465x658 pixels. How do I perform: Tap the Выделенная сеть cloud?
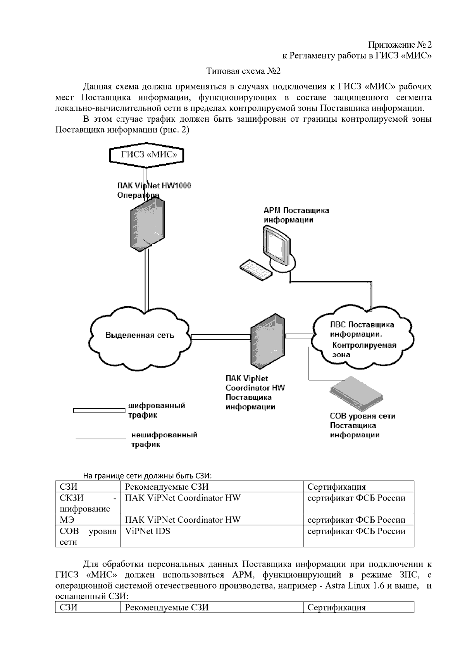pyautogui.click(x=140, y=335)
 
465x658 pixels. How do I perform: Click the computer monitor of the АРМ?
pyautogui.click(x=276, y=245)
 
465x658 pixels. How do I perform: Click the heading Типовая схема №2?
pyautogui.click(x=243, y=71)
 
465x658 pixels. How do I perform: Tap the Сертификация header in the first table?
pyautogui.click(x=336, y=487)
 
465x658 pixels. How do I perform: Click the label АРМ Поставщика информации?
pyautogui.click(x=296, y=215)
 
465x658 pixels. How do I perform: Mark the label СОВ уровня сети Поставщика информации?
pyautogui.click(x=362, y=425)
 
